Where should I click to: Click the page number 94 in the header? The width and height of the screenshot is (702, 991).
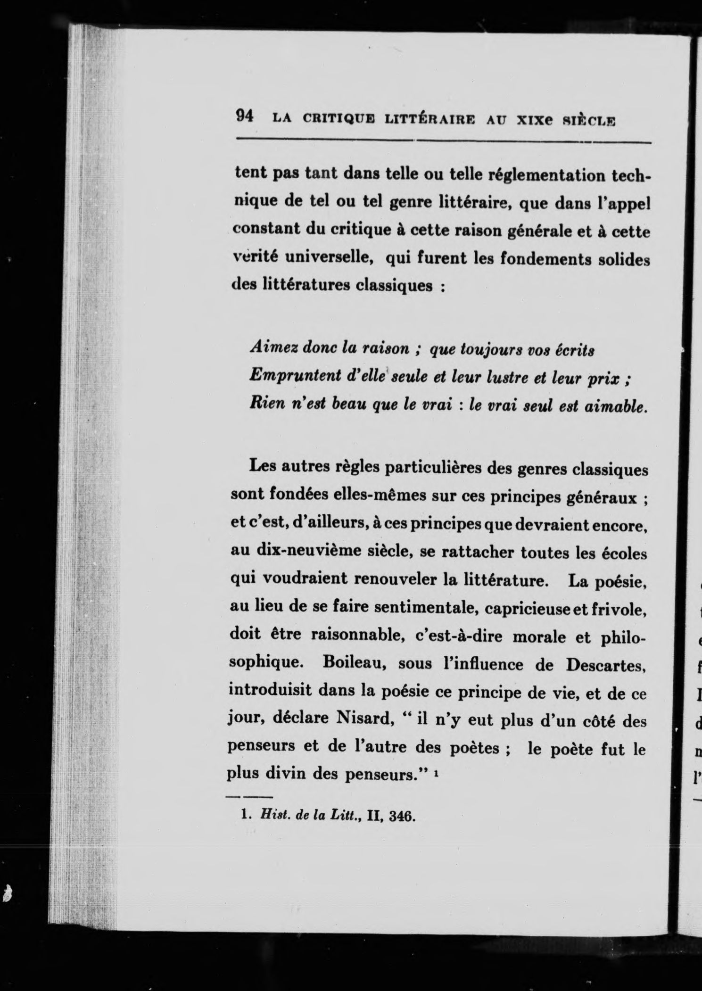click(244, 116)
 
